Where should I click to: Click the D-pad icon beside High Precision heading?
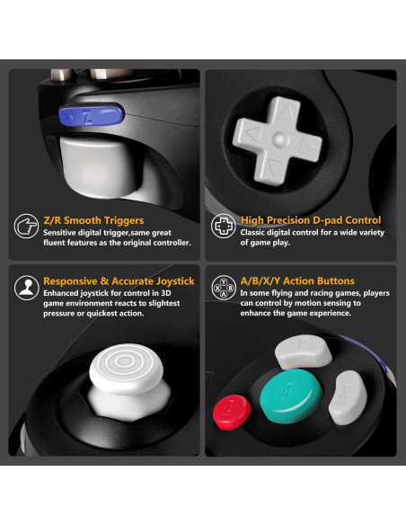(x=223, y=226)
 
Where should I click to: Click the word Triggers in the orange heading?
(x=121, y=220)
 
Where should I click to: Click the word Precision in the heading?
(x=288, y=220)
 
